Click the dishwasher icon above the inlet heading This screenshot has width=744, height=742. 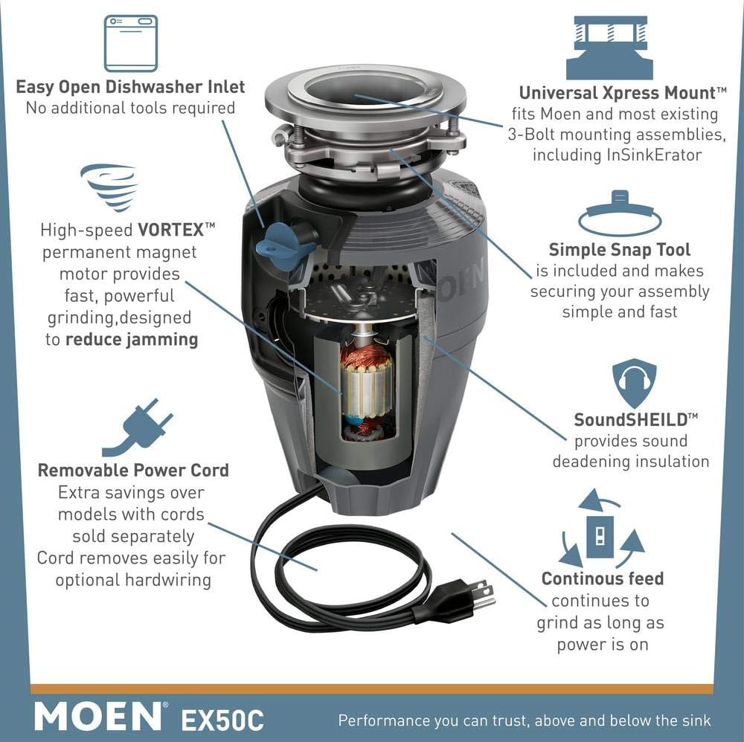click(x=130, y=43)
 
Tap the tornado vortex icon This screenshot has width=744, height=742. click(x=109, y=187)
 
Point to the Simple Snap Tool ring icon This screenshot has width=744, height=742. click(x=620, y=216)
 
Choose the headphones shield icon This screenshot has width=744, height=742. click(x=634, y=384)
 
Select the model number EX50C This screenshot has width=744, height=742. click(x=222, y=719)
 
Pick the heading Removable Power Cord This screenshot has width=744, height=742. click(x=133, y=471)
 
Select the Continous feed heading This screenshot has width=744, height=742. click(x=602, y=578)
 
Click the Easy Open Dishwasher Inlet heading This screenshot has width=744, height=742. click(x=130, y=87)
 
